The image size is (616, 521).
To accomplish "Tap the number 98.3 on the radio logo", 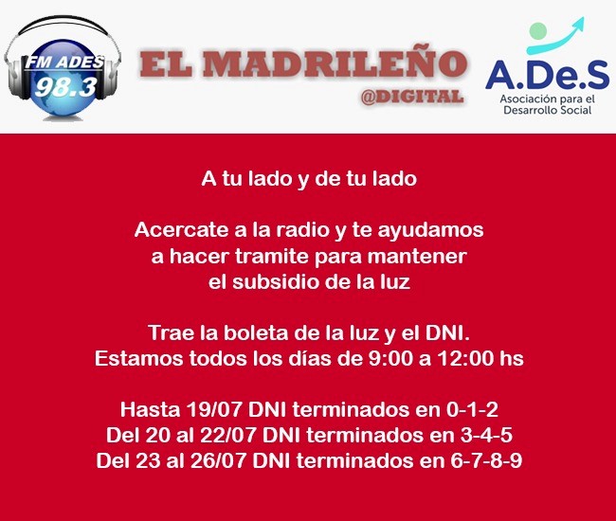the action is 65,87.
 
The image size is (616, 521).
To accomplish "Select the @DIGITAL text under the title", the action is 412,97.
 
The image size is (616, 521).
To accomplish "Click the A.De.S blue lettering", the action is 547,75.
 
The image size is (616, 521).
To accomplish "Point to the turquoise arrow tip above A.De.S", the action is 583,19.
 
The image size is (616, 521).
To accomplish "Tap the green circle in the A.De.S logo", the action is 538,30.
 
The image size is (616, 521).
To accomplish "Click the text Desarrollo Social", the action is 547,110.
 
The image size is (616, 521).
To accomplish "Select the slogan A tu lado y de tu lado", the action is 309,179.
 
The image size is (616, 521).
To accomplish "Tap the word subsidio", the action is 273,282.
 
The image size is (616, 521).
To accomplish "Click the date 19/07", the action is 214,409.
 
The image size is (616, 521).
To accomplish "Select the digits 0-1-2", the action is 472,409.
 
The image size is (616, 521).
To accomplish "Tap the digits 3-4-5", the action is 486,435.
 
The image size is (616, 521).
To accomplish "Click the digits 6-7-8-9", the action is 486,460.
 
